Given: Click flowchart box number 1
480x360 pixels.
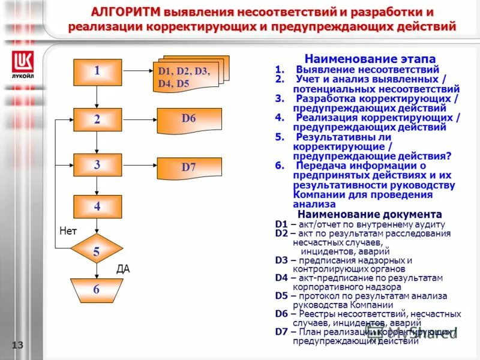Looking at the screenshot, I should [97, 72].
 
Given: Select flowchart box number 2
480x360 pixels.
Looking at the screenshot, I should [97, 119].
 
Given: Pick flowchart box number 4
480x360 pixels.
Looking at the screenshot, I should [97, 206].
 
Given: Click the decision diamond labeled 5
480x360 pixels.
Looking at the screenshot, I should [96, 252].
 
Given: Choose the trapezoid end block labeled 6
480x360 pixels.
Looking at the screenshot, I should [96, 290].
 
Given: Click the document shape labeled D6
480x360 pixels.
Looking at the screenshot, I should [189, 119].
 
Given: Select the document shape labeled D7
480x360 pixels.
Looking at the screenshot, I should [189, 167].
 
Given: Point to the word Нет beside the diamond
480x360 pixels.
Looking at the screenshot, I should [68, 230].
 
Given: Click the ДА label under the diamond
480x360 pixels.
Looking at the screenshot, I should [122, 270].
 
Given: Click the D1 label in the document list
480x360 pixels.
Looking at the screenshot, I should [281, 224].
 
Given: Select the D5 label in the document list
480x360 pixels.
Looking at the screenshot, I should [281, 296].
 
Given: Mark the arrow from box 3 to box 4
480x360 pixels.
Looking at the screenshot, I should [97, 187].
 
